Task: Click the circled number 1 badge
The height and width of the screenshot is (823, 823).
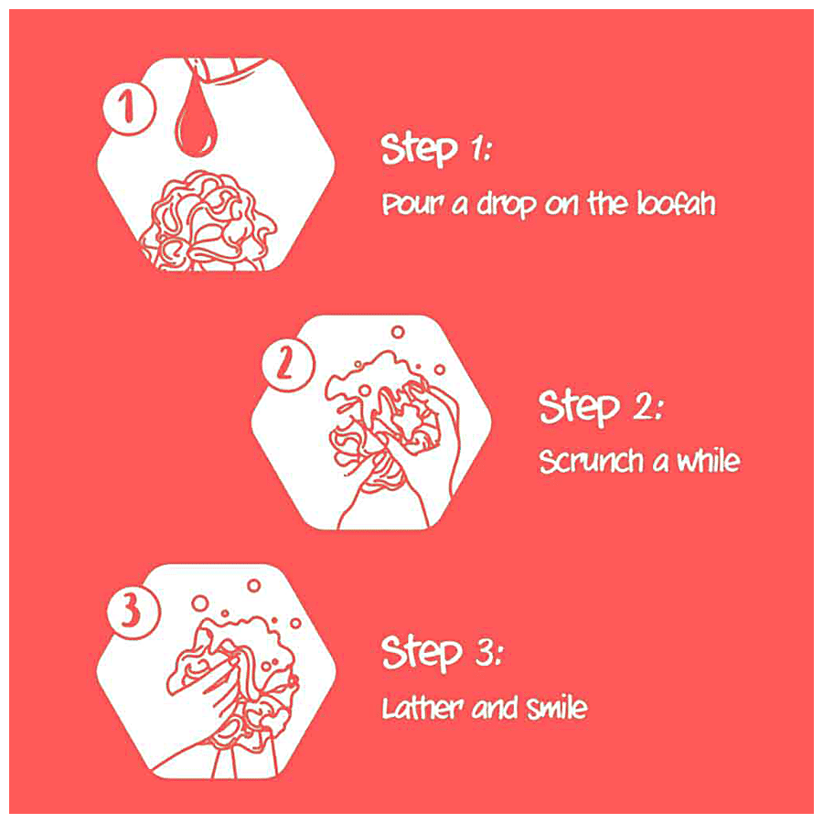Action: coord(129,108)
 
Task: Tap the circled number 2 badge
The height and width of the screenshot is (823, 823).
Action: coord(288,363)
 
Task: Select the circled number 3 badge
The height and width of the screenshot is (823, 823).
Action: coord(134,612)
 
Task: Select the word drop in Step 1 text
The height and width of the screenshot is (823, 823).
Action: coord(506,204)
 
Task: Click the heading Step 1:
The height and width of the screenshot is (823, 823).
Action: coord(436,150)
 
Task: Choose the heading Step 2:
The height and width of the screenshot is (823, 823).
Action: coord(602,407)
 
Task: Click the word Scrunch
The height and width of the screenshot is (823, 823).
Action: coord(592,462)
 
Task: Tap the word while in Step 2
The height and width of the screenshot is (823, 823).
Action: coord(709,460)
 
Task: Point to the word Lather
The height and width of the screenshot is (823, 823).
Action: coord(422,708)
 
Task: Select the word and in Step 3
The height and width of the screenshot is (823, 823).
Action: coord(495,708)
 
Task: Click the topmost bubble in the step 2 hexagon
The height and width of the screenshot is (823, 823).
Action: coord(398,332)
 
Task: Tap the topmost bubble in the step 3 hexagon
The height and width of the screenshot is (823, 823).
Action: coord(254,585)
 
